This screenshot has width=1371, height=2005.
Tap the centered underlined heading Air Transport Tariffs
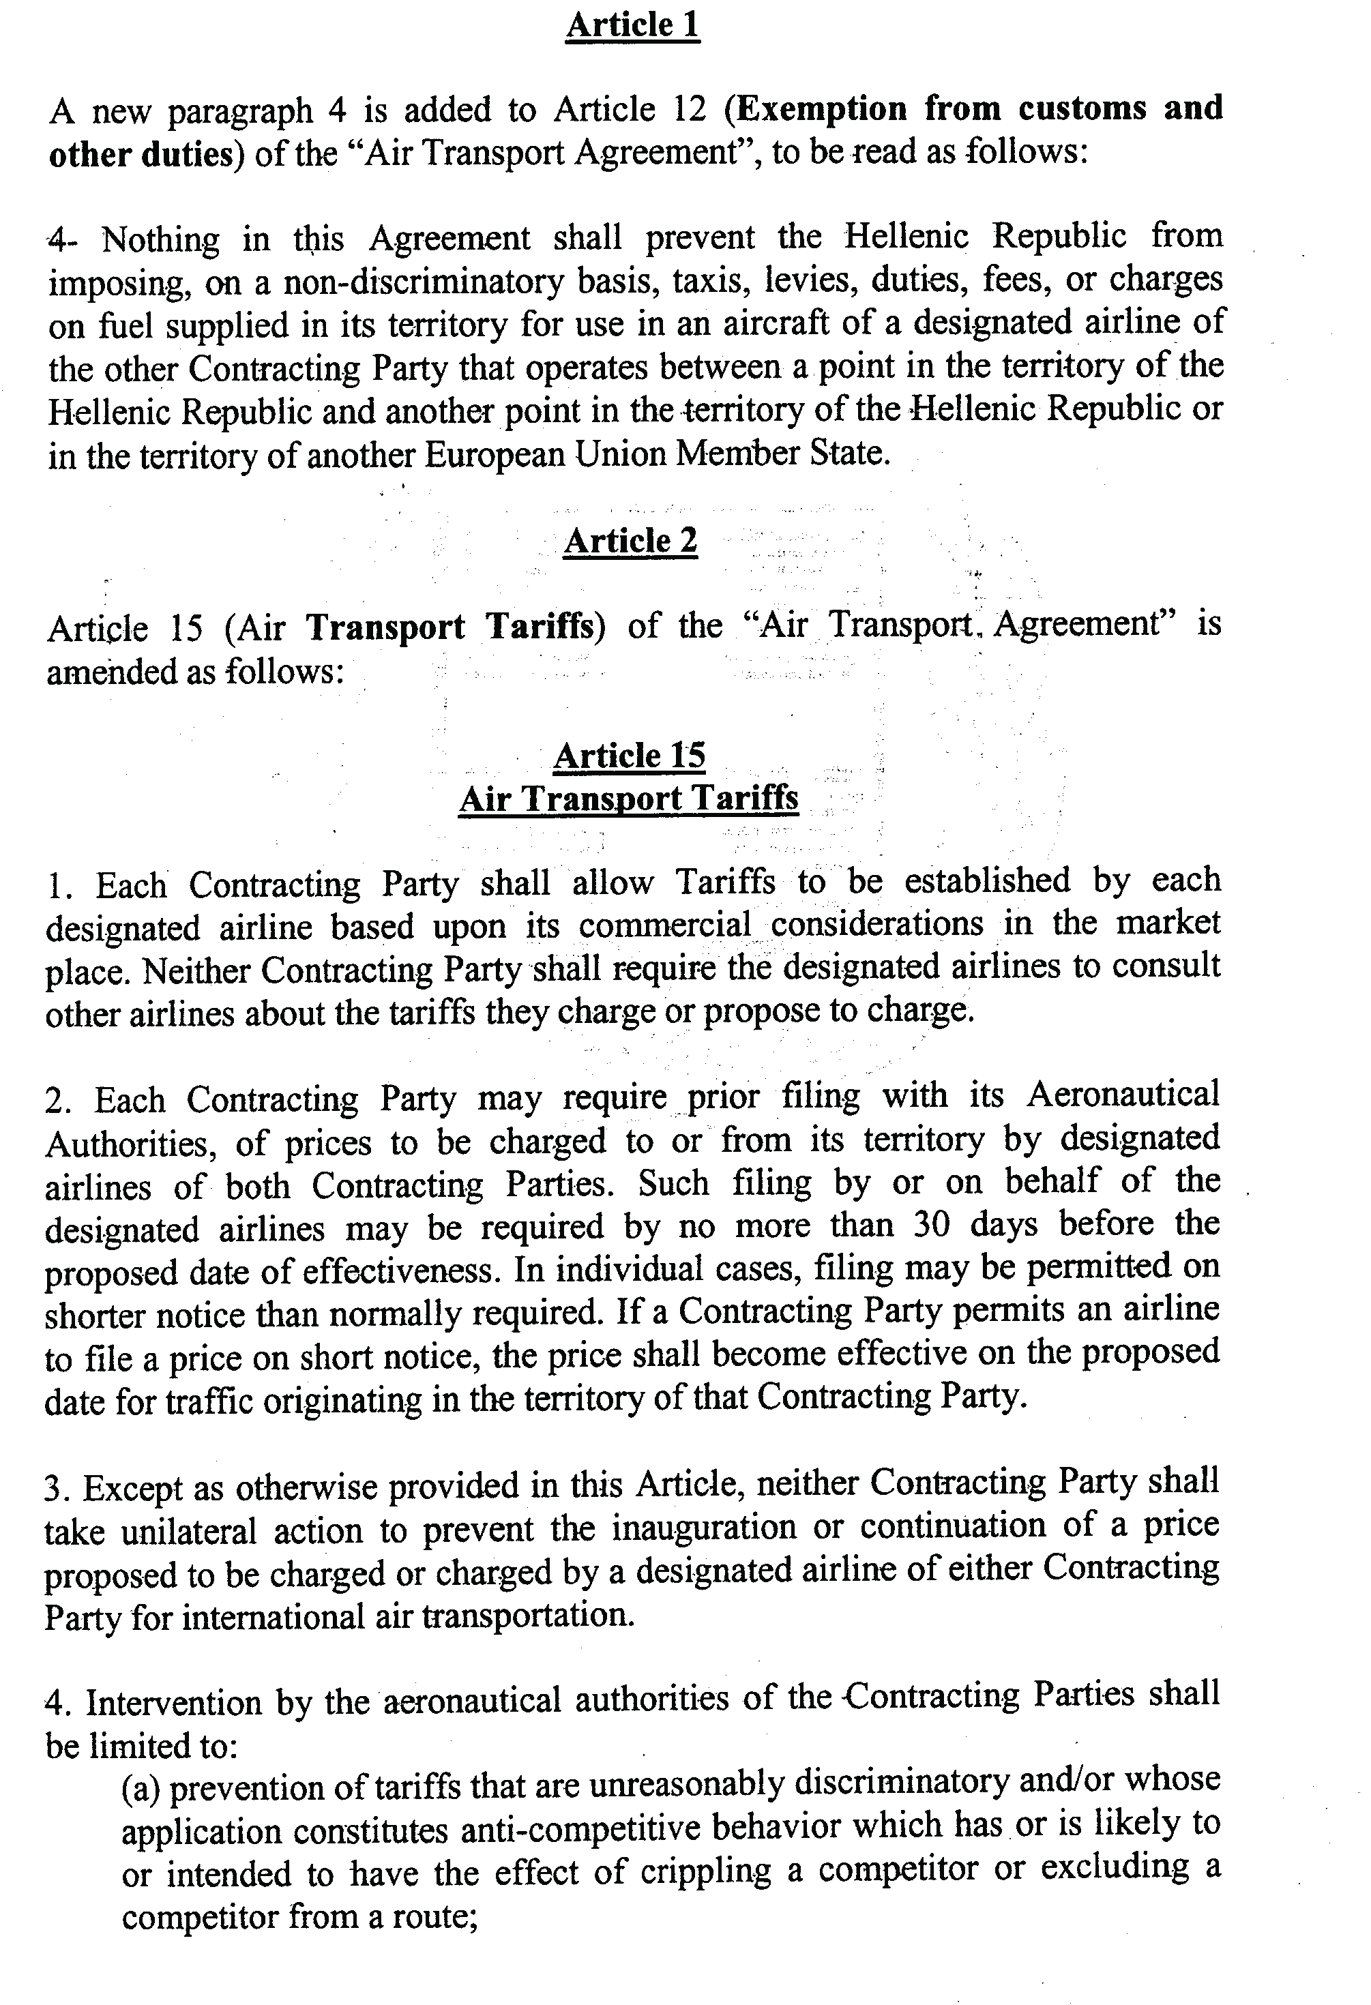(x=628, y=798)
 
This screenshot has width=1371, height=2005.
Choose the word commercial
(x=664, y=925)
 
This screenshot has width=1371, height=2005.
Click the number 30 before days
(x=930, y=1224)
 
